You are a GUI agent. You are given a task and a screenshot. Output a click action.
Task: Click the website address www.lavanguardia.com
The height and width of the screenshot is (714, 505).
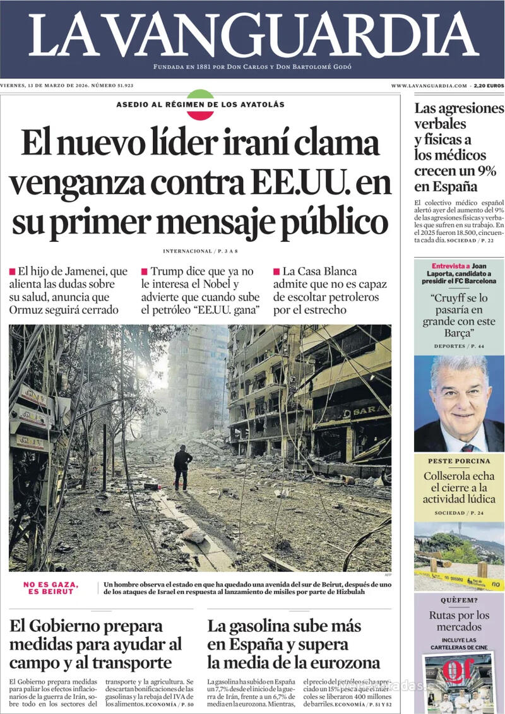click(429, 85)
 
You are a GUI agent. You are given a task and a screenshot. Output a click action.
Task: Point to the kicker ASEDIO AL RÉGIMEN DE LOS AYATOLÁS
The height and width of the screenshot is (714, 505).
click(200, 104)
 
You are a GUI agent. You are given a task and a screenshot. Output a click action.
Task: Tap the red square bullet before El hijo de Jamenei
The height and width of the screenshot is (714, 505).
click(12, 271)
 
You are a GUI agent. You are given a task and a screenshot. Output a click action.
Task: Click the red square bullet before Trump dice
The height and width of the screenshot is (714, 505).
click(145, 271)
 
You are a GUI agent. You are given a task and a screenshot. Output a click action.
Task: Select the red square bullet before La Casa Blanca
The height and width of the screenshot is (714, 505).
click(276, 271)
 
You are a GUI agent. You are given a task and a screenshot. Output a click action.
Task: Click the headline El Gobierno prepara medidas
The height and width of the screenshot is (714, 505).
click(95, 644)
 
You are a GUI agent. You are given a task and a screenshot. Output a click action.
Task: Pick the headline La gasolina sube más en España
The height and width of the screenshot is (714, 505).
click(294, 644)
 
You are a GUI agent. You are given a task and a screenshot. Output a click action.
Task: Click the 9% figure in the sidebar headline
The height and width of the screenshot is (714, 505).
click(484, 170)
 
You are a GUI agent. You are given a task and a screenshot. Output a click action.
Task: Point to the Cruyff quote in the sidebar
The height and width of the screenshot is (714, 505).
click(459, 316)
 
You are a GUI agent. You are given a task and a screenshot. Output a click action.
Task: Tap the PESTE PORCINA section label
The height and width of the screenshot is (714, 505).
click(459, 461)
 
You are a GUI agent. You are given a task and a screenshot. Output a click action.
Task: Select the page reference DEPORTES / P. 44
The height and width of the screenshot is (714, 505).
click(459, 347)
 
